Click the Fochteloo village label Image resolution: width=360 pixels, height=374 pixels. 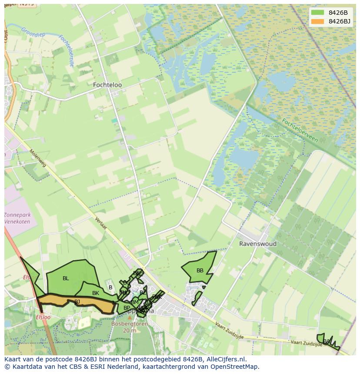(x=107, y=85)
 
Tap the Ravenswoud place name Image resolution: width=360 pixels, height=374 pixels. (x=258, y=244)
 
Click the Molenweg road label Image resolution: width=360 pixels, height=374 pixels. (x=38, y=159)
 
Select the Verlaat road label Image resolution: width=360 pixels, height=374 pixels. (x=100, y=223)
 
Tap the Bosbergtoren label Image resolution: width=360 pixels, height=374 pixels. (x=130, y=324)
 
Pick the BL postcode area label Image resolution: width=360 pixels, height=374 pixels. (x=66, y=278)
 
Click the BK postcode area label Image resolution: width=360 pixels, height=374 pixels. (x=96, y=293)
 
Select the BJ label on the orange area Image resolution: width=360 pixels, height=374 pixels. (x=77, y=301)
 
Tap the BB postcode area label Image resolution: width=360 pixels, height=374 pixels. (x=200, y=271)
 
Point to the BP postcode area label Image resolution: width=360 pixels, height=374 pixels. (x=127, y=308)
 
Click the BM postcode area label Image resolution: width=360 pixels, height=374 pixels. (x=135, y=302)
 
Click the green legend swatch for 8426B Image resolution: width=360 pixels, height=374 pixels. (x=317, y=13)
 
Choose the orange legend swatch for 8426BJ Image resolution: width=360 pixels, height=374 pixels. (x=317, y=21)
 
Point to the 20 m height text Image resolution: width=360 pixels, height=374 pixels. (x=130, y=330)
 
